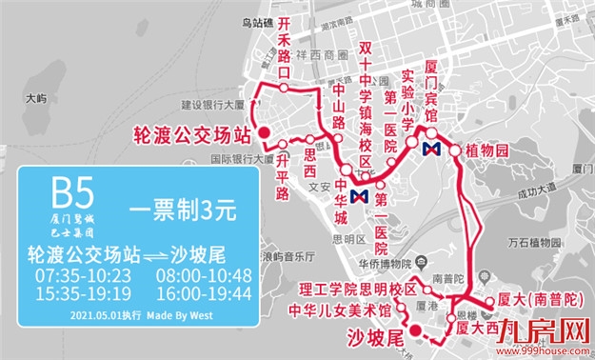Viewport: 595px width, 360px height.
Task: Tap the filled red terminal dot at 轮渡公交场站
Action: click(266, 132)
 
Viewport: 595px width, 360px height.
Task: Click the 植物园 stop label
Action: click(488, 151)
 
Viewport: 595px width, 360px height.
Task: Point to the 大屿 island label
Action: click(36, 98)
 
